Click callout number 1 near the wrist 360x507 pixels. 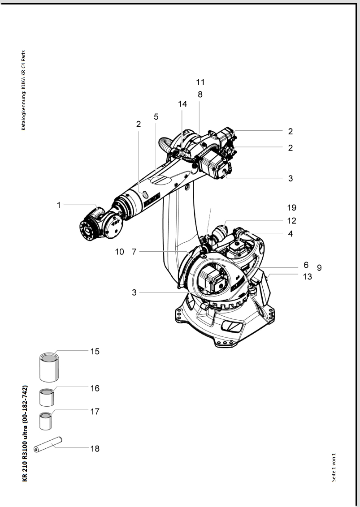tap(59, 205)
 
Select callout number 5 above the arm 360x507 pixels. tap(156, 116)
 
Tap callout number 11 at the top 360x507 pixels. tap(200, 82)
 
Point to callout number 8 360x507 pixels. tap(200, 95)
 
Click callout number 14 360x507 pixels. tap(182, 104)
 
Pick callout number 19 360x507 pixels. tap(292, 208)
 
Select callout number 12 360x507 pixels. tap(292, 221)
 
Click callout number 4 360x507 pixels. tap(291, 233)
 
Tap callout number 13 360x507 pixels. tap(307, 276)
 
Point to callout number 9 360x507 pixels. tap(319, 268)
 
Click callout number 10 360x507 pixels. tap(119, 252)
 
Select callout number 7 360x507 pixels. tap(134, 252)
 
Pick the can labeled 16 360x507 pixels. tap(47, 396)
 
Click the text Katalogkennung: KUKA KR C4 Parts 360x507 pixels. tap(23, 90)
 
